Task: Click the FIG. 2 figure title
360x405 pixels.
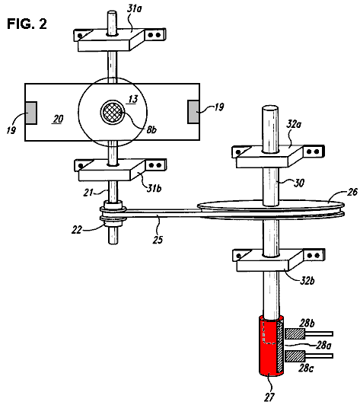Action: click(27, 24)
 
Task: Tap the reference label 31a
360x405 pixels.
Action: click(134, 9)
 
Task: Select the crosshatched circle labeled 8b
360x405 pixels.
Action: click(112, 112)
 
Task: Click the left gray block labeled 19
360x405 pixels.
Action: click(30, 113)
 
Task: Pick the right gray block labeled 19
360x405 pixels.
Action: click(193, 112)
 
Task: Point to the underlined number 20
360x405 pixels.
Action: click(58, 119)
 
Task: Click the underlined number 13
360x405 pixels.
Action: click(133, 99)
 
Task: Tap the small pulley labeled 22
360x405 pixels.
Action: click(113, 213)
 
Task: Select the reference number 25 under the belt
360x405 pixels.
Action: click(158, 240)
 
